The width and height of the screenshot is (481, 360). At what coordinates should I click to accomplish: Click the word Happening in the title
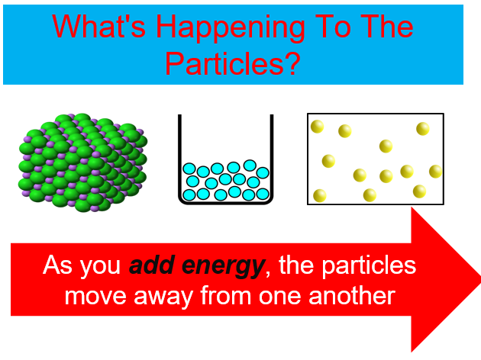click(231, 29)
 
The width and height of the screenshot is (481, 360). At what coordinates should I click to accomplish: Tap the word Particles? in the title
click(233, 63)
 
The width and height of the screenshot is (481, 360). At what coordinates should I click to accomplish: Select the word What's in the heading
click(98, 26)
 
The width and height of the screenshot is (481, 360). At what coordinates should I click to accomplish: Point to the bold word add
click(152, 265)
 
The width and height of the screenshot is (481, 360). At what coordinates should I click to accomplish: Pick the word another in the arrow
click(351, 296)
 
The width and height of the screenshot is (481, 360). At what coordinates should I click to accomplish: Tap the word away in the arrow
click(163, 297)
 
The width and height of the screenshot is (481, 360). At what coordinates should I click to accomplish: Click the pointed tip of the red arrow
click(479, 279)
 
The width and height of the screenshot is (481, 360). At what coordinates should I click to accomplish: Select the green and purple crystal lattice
click(82, 162)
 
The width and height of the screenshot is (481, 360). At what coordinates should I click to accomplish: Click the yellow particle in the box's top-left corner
click(317, 127)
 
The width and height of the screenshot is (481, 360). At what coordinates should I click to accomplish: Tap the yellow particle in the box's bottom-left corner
click(320, 196)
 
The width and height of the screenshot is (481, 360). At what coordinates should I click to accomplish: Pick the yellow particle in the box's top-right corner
click(423, 129)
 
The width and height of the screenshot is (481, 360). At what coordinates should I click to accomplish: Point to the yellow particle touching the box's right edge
click(436, 172)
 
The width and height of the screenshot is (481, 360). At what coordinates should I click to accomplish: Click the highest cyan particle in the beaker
click(250, 166)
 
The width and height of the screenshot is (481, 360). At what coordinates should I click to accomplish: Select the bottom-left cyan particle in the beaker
click(189, 194)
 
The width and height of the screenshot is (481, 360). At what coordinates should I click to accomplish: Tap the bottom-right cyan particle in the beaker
click(263, 194)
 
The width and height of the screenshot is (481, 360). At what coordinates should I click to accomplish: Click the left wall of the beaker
click(179, 156)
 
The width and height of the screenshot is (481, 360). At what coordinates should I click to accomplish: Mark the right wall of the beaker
click(272, 156)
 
